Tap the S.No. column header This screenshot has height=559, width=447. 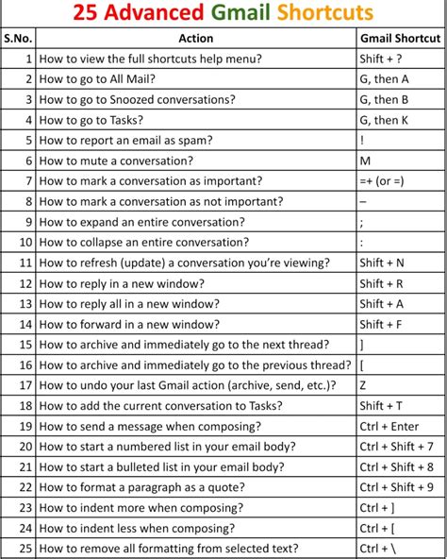pyautogui.click(x=17, y=39)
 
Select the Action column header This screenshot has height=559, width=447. pyautogui.click(x=195, y=39)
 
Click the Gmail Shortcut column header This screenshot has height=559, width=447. pyautogui.click(x=400, y=39)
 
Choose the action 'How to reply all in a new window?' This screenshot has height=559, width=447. pyautogui.click(x=128, y=304)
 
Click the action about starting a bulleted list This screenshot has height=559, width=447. pyautogui.click(x=161, y=466)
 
